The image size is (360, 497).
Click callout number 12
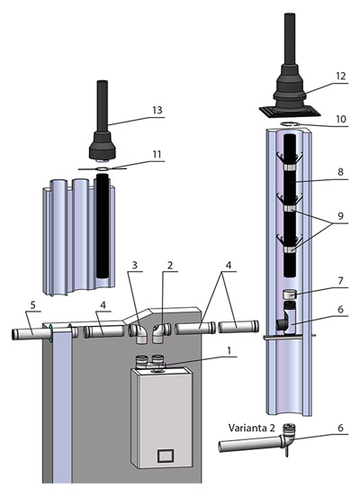pyautogui.click(x=341, y=76)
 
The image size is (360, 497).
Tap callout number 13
pyautogui.click(x=157, y=110)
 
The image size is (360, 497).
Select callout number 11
pyautogui.click(x=157, y=154)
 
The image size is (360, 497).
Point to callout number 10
pyautogui.click(x=341, y=119)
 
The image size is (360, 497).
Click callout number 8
pyautogui.click(x=340, y=172)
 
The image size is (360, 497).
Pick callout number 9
pyautogui.click(x=341, y=216)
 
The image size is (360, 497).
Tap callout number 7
pyautogui.click(x=341, y=281)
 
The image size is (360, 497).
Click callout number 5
pyautogui.click(x=33, y=305)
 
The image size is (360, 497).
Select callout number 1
pyautogui.click(x=229, y=350)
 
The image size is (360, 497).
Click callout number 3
pyautogui.click(x=135, y=265)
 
